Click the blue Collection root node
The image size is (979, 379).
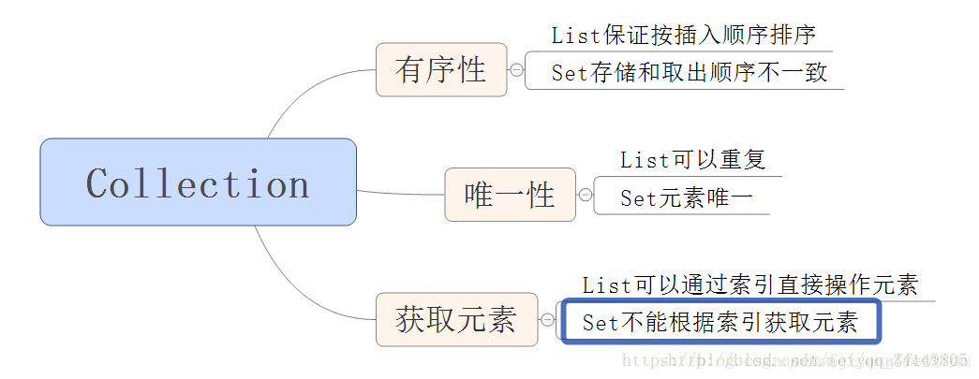pyautogui.click(x=198, y=182)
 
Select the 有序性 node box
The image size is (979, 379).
pyautogui.click(x=441, y=69)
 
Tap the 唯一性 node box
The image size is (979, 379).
pyautogui.click(x=510, y=195)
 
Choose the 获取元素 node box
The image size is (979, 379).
pyautogui.click(x=456, y=320)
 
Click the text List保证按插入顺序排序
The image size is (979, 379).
pyautogui.click(x=683, y=36)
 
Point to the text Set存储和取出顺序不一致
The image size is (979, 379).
pyautogui.click(x=689, y=72)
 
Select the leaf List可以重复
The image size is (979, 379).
pyautogui.click(x=692, y=159)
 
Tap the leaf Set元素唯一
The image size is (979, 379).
pyautogui.click(x=686, y=197)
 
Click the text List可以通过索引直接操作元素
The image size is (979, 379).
pyautogui.click(x=749, y=284)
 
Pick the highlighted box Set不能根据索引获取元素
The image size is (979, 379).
pyautogui.click(x=720, y=323)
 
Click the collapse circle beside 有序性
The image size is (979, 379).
pyautogui.click(x=516, y=69)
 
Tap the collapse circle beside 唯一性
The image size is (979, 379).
pyautogui.click(x=586, y=195)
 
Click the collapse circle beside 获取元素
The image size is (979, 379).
pyautogui.click(x=548, y=320)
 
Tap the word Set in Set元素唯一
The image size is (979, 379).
pyautogui.click(x=637, y=197)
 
